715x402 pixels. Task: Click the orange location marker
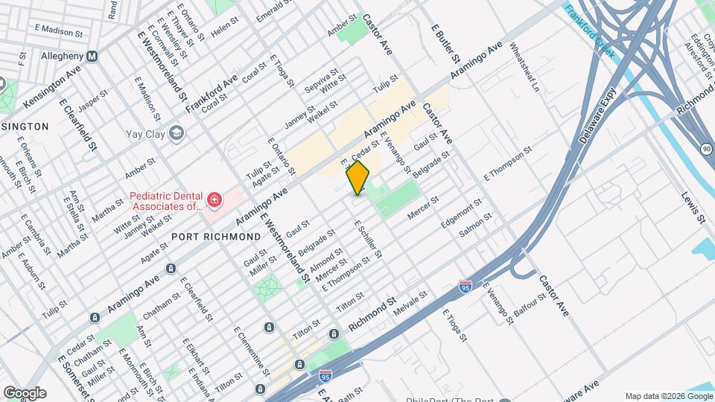[x=358, y=177]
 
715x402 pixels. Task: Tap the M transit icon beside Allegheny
[x=93, y=57]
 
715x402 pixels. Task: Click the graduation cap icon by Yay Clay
[x=176, y=133]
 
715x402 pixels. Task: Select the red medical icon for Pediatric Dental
[x=214, y=200]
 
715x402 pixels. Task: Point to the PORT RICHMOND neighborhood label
[x=216, y=236]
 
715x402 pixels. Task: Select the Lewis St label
[x=693, y=207]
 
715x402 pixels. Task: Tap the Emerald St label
[x=273, y=10]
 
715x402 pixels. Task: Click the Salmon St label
[x=475, y=226]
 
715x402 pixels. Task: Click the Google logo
[x=25, y=392]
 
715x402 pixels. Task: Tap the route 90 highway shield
[x=705, y=150]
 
